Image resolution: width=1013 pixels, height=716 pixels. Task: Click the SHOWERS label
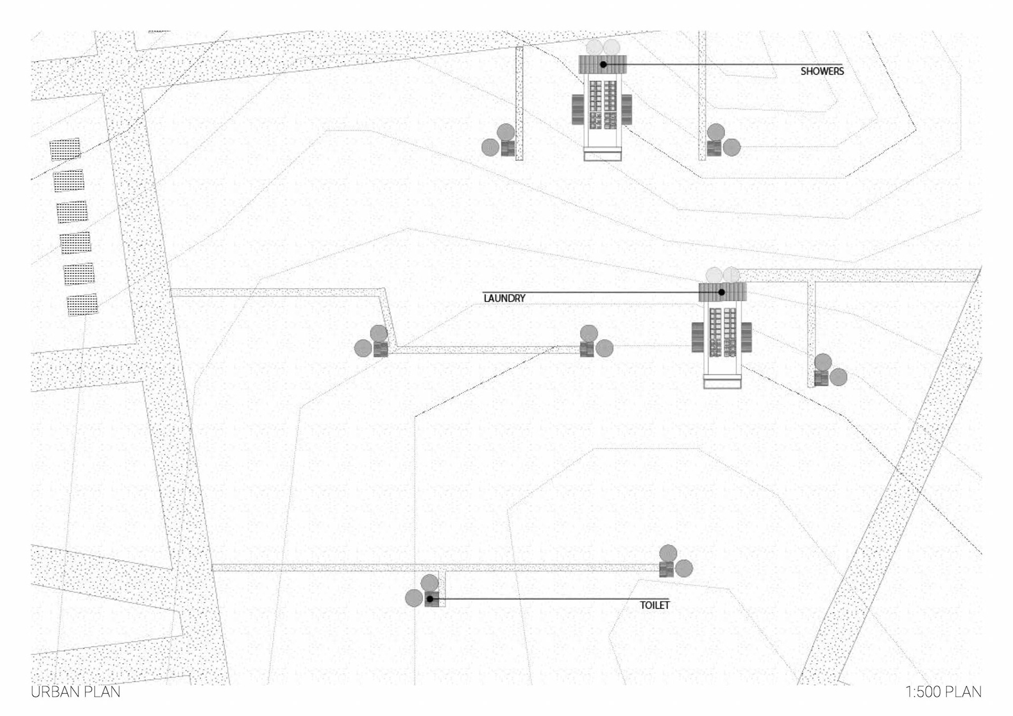821,71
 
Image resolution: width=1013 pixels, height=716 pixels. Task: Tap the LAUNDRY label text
504,299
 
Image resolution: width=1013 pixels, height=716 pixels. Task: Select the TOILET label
654,605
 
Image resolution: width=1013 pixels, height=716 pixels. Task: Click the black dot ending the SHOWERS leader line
603,64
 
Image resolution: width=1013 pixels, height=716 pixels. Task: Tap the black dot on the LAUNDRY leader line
721,292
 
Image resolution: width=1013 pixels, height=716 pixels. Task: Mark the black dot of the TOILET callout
430,599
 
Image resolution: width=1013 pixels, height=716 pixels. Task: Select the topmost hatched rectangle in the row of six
65,149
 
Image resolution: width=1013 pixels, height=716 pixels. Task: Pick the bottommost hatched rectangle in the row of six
82,305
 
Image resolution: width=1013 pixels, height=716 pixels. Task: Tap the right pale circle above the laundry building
731,275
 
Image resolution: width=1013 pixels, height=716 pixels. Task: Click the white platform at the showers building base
603,156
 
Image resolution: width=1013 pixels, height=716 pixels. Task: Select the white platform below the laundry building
722,384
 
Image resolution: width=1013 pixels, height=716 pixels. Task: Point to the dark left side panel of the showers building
578,110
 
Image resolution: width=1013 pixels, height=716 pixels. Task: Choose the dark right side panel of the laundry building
746,337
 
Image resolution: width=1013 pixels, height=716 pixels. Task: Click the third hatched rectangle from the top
72,212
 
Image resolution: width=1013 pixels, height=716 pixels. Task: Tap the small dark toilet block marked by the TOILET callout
432,599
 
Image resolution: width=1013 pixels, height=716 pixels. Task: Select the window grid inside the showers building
603,104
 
